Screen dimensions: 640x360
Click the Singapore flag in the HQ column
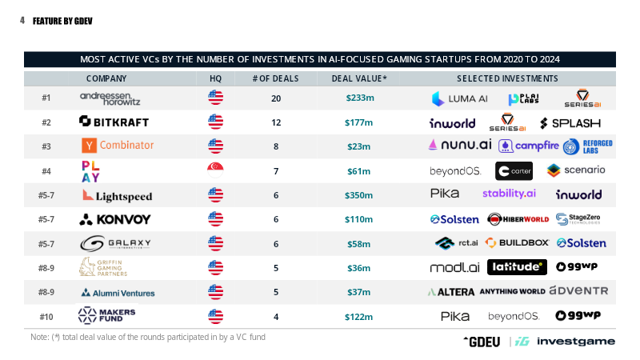[215, 170]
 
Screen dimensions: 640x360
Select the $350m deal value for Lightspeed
[358, 195]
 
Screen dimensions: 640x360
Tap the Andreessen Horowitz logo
[110, 98]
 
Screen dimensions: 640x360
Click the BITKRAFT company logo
[114, 122]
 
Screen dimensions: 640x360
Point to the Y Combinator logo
[118, 146]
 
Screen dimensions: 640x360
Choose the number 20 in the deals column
[276, 98]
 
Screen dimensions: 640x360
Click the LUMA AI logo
[459, 98]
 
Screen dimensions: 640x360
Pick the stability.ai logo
[509, 194]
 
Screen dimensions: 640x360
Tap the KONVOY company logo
[114, 219]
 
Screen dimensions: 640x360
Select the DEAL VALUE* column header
[358, 78]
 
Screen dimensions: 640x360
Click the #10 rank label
[46, 317]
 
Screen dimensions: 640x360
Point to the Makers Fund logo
[106, 315]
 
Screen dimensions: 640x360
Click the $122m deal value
[358, 317]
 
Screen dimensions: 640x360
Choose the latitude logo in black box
[517, 267]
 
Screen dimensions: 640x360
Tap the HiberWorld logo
[518, 219]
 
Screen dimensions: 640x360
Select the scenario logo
[576, 170]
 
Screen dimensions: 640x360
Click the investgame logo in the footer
[565, 342]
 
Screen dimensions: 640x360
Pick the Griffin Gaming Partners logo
[103, 267]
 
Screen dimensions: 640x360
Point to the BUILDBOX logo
[517, 243]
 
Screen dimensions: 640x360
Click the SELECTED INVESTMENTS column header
[507, 78]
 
